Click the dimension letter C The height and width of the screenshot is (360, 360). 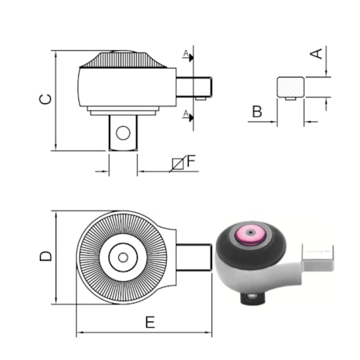(45, 99)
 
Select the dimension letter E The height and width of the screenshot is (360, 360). (150, 322)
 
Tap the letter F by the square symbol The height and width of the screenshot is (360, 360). (191, 161)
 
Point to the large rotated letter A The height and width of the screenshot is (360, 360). (316, 53)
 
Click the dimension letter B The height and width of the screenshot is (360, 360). (257, 111)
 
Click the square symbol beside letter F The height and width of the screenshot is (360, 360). (178, 164)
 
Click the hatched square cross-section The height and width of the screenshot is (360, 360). (290, 87)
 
